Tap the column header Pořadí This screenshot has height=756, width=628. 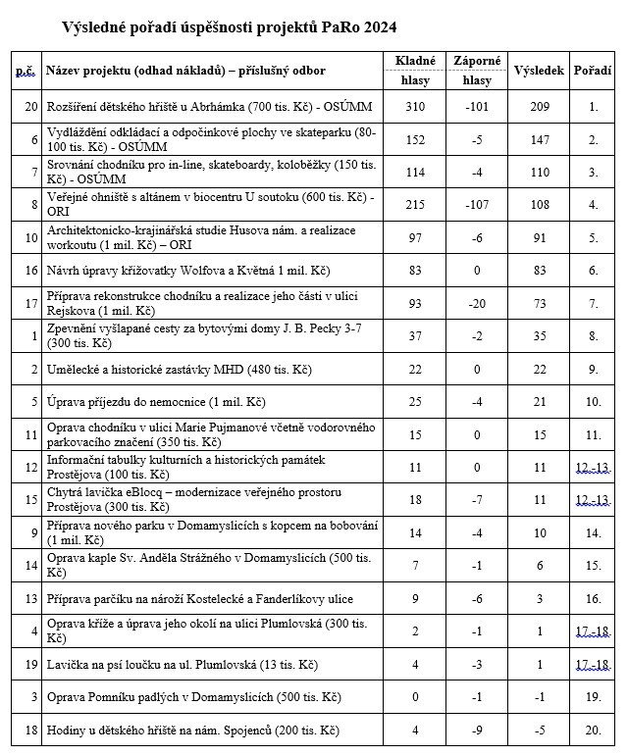point(593,71)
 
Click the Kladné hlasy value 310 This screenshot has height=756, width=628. point(415,107)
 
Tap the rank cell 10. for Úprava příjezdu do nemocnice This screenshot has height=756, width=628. point(593,402)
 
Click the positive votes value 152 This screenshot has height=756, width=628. point(415,140)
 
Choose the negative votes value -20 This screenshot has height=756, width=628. point(477,303)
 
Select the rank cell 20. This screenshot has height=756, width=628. point(593,731)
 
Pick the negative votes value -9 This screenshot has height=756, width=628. point(477,731)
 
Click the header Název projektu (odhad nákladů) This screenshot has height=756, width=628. point(186,71)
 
